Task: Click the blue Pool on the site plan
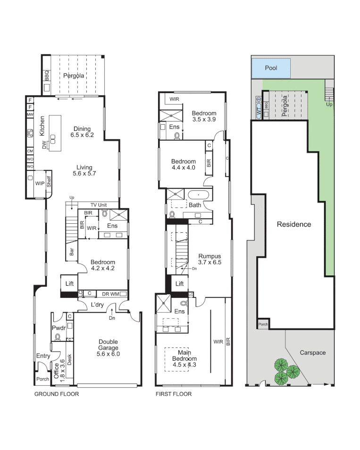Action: tap(271, 68)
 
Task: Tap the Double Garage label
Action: tap(108, 348)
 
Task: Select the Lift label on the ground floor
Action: tap(69, 283)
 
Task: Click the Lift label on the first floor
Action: tap(179, 284)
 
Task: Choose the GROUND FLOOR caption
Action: tap(57, 394)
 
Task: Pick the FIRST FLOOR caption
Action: tap(174, 394)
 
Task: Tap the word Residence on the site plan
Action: tap(294, 224)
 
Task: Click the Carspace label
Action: tap(313, 353)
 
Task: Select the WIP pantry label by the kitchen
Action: tap(40, 183)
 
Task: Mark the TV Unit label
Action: tap(99, 205)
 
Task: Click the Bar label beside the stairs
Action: tap(71, 252)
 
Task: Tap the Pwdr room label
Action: tap(59, 328)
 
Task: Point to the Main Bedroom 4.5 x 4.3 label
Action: tap(184, 358)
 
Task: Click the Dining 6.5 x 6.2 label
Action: tap(82, 132)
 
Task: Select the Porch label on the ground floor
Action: tap(42, 379)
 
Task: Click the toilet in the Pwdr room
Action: tap(58, 337)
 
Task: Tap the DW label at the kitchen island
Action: tap(44, 145)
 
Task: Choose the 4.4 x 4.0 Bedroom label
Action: tap(183, 164)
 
